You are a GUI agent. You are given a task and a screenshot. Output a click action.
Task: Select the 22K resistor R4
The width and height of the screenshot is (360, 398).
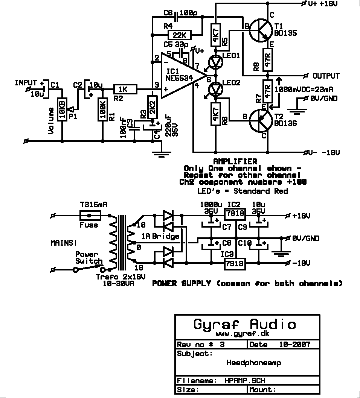click(x=179, y=35)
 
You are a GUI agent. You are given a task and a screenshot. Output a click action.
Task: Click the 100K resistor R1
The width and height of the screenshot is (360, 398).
click(x=102, y=109)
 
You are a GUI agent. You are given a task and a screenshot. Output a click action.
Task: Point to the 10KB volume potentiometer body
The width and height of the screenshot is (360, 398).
click(x=62, y=109)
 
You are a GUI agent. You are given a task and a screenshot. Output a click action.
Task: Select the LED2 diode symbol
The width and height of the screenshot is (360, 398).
click(x=216, y=89)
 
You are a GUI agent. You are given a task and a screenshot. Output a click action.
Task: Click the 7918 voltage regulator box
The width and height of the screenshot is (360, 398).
click(x=235, y=264)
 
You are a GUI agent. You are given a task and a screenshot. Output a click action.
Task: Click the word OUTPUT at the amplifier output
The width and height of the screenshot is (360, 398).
click(x=326, y=76)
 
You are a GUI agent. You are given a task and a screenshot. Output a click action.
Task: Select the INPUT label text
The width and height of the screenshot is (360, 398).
click(x=26, y=82)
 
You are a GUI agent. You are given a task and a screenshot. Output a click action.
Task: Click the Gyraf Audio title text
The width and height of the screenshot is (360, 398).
click(x=245, y=324)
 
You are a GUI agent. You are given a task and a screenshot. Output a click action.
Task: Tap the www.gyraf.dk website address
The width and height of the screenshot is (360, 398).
click(x=243, y=334)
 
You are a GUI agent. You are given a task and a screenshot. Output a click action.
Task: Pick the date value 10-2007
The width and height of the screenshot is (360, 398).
click(x=295, y=345)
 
